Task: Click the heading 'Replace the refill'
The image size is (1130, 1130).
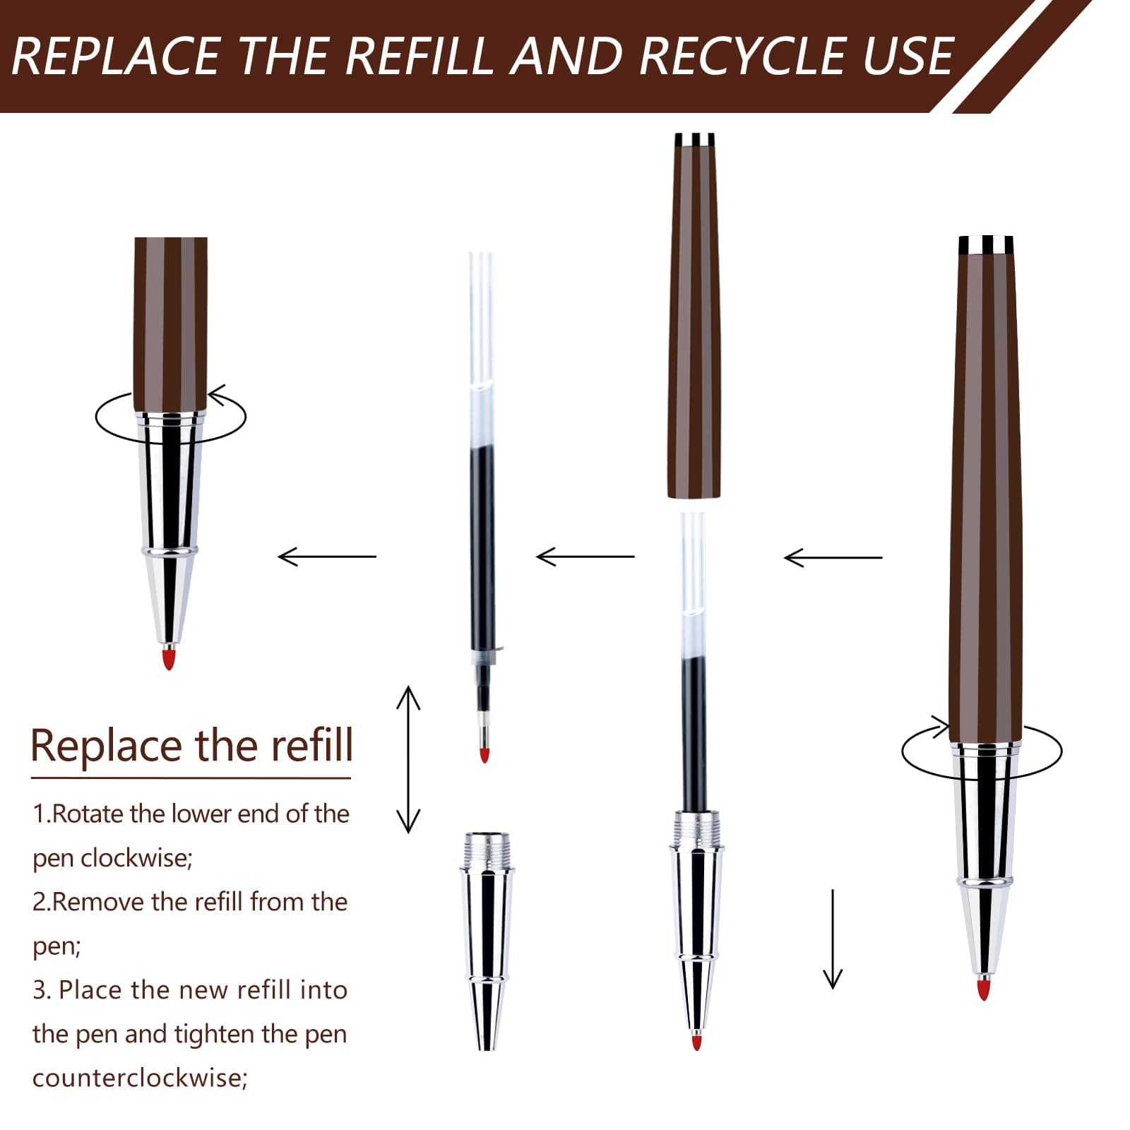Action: (x=191, y=745)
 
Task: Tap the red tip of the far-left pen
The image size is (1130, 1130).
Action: (x=168, y=660)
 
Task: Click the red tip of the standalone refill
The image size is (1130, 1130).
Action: (x=484, y=754)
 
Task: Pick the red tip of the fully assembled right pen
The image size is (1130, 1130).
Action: (x=983, y=989)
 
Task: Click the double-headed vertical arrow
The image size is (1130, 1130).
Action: (x=408, y=759)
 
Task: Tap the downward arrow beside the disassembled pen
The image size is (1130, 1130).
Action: (x=833, y=939)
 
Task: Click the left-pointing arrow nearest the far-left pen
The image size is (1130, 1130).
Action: (x=327, y=557)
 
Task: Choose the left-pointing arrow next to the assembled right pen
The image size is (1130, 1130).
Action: (x=833, y=558)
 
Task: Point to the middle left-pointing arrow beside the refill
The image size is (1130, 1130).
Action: (x=585, y=557)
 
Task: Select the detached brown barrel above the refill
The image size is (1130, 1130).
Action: (x=694, y=316)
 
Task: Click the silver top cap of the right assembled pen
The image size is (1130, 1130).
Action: (x=986, y=245)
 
